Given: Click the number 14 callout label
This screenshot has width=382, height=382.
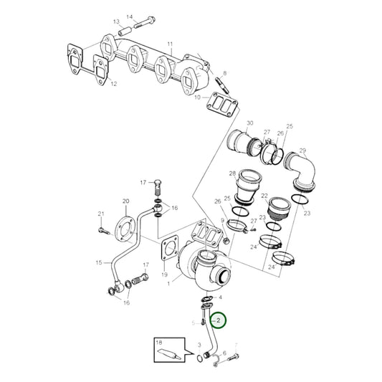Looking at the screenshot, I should [130, 16].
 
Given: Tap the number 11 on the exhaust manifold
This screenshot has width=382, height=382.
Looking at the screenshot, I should [170, 45].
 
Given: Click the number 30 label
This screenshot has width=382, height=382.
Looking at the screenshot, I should [250, 124].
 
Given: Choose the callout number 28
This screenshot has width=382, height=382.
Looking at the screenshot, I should [231, 174].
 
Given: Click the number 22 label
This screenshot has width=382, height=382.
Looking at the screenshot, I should [264, 197].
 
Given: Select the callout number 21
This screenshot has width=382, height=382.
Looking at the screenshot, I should [100, 214].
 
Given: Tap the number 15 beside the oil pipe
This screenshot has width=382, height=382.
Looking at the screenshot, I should [99, 263].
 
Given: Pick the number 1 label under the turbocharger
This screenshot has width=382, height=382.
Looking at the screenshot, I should [168, 285].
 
